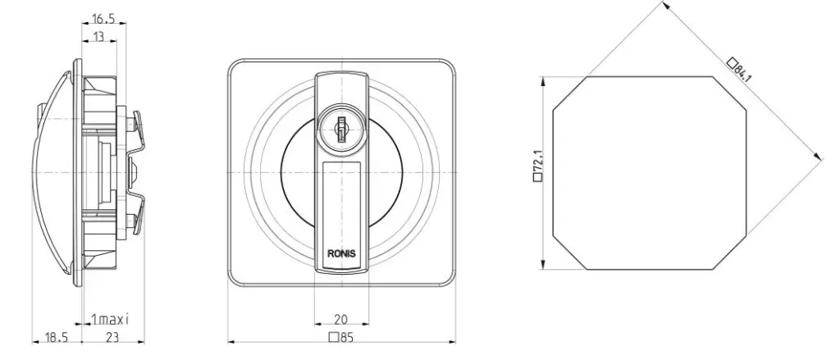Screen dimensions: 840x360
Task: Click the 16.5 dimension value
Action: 103,19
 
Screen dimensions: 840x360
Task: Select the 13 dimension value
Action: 99,37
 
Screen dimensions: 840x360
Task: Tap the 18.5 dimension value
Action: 57,337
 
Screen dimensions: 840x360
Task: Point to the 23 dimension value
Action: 112,337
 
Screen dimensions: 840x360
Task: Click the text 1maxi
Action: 111,320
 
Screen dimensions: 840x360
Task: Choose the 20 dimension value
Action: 340,320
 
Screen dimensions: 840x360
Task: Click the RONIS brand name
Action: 341,254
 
